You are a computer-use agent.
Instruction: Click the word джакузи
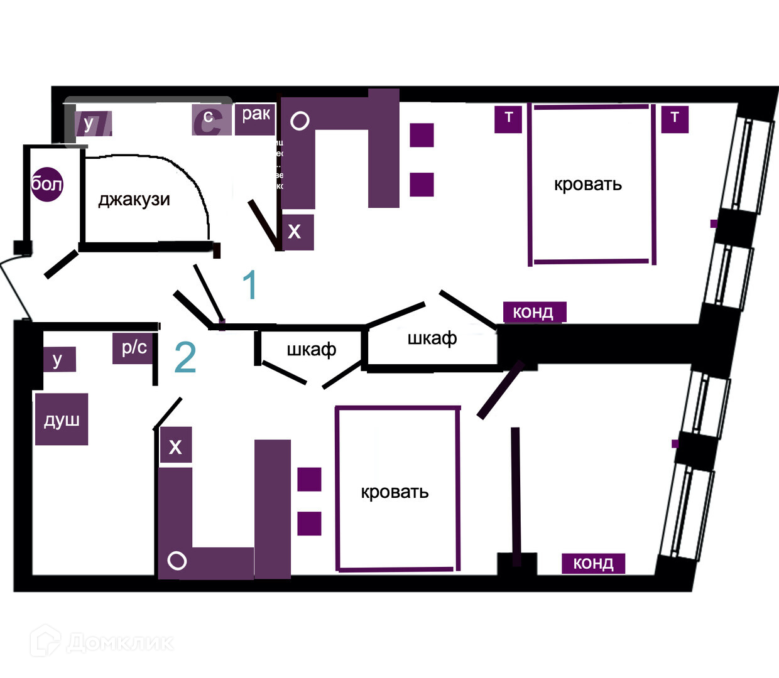[134, 200]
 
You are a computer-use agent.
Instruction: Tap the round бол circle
[47, 184]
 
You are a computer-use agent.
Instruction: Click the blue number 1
[250, 285]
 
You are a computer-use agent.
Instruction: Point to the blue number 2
[185, 358]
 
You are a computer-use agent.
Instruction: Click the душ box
[62, 419]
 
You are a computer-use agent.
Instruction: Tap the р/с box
[134, 348]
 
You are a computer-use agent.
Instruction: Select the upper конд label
[534, 312]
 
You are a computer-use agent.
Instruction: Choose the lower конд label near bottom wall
[593, 563]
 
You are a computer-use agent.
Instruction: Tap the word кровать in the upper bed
[588, 185]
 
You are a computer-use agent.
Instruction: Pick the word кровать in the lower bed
[395, 492]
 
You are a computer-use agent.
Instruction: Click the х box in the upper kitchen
[295, 232]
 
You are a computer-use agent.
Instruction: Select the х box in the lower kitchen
[175, 446]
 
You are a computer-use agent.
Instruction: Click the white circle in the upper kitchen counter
[300, 121]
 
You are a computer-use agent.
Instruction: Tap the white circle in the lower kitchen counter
[177, 561]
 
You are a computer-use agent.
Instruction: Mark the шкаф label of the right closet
[432, 339]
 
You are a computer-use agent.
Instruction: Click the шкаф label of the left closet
[312, 350]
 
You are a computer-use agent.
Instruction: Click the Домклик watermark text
[119, 642]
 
